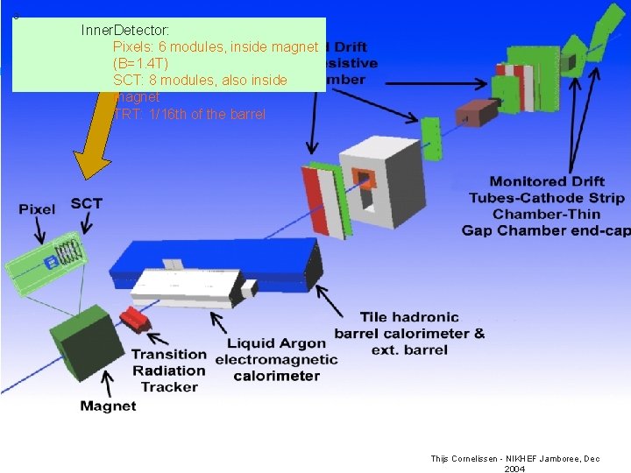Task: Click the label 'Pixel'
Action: click(x=37, y=209)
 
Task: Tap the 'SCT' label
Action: click(x=86, y=203)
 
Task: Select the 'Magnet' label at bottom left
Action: click(x=108, y=406)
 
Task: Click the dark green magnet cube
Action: click(x=86, y=341)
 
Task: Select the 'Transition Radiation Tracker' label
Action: click(x=169, y=371)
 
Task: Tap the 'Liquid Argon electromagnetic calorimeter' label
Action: click(x=276, y=359)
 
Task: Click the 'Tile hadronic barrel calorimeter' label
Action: click(x=408, y=333)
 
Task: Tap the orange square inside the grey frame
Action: click(x=364, y=180)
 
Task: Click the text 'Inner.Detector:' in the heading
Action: click(x=125, y=30)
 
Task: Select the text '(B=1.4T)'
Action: click(x=147, y=63)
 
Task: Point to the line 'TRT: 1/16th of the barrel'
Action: click(x=188, y=114)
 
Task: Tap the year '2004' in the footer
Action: click(x=514, y=469)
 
